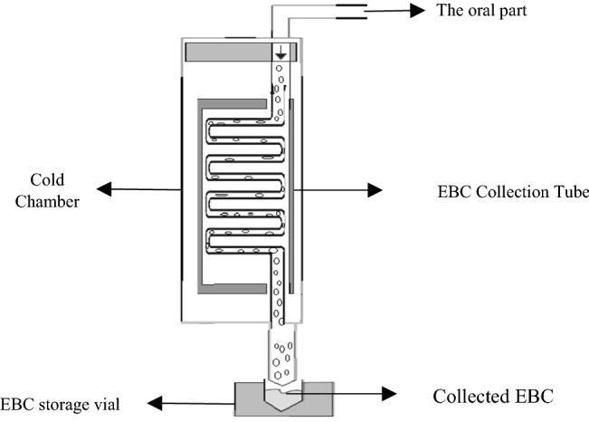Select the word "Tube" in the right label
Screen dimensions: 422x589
(x=572, y=192)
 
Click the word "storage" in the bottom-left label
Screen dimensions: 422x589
(x=76, y=404)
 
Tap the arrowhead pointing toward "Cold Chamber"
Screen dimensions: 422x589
(x=104, y=188)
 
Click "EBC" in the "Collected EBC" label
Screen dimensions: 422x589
(x=533, y=396)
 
